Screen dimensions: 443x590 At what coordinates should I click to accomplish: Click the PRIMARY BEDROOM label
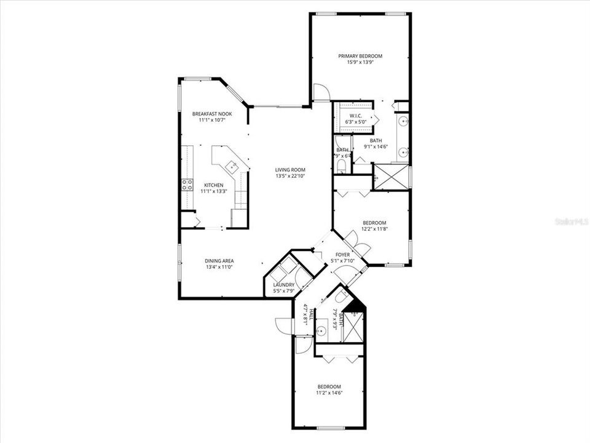point(360,56)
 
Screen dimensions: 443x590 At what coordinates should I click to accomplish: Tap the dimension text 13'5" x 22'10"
point(290,176)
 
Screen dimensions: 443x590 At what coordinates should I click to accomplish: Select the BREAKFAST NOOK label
point(211,114)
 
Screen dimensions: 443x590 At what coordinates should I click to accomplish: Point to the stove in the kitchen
point(186,185)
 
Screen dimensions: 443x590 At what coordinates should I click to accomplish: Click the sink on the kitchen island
point(232,166)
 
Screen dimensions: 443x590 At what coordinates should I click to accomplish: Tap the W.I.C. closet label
point(355,116)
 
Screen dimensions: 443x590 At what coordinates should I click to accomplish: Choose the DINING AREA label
point(219,261)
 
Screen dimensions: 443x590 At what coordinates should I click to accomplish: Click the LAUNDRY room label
point(283,285)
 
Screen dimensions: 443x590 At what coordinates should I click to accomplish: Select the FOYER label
point(342,254)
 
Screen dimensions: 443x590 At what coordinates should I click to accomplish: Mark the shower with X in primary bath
point(391,177)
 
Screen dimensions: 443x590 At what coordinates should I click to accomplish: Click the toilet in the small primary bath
point(342,165)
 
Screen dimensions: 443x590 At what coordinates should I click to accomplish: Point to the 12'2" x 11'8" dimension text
point(374,229)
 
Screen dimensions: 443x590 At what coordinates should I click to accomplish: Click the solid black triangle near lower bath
point(354,305)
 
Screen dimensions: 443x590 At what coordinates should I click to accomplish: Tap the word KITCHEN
point(214,185)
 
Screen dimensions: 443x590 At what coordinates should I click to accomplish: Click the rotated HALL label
point(312,314)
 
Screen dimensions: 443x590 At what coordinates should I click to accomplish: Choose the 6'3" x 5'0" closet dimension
point(355,122)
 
